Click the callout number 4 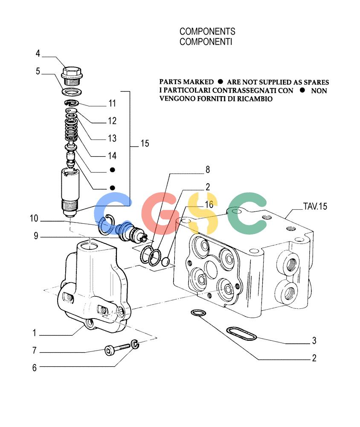tap(38, 53)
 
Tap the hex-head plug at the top tap(72, 76)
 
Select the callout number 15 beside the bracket tap(145, 143)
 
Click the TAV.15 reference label tap(315, 206)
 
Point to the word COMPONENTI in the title tap(206, 42)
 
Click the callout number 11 tap(112, 103)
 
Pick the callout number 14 tap(112, 156)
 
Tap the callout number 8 tap(208, 170)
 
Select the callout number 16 tap(209, 205)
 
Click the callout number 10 tap(34, 218)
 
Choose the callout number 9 tap(36, 236)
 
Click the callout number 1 tap(34, 333)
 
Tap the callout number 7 tap(34, 351)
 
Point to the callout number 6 tap(34, 368)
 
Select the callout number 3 tap(314, 340)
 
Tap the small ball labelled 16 tap(165, 262)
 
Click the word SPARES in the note tap(316, 82)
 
